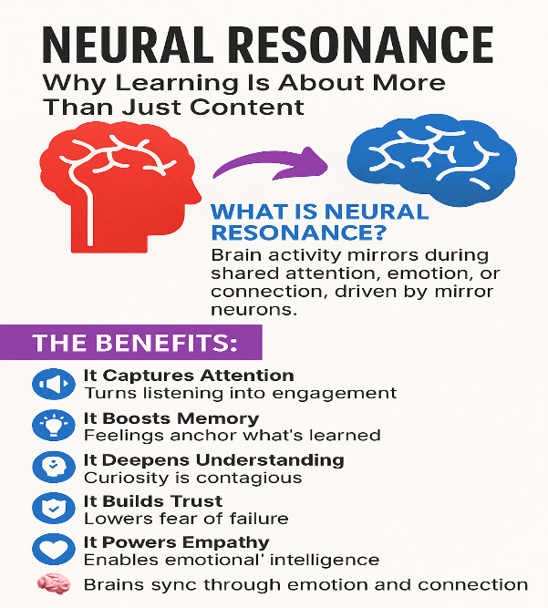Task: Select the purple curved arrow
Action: click(x=269, y=161)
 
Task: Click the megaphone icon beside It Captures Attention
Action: click(x=51, y=384)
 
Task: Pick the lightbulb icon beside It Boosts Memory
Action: click(x=51, y=425)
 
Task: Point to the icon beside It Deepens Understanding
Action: click(x=51, y=467)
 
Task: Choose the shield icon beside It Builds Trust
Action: click(x=51, y=508)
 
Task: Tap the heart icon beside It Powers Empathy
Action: click(x=51, y=550)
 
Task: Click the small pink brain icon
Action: click(x=51, y=584)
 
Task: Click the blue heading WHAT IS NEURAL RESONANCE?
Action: click(x=319, y=223)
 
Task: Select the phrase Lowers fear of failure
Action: click(x=186, y=518)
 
